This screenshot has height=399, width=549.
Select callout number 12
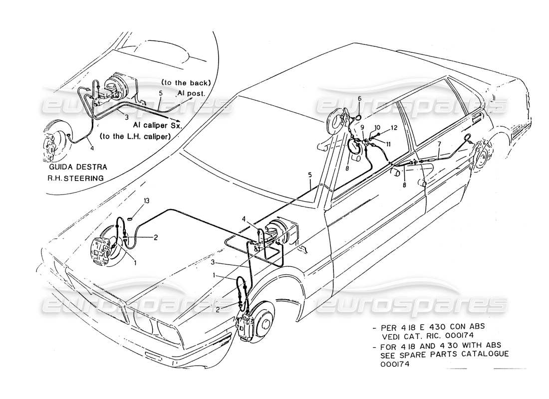(394, 128)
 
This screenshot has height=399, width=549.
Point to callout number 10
(378, 128)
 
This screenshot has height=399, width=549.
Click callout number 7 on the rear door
(439, 145)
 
